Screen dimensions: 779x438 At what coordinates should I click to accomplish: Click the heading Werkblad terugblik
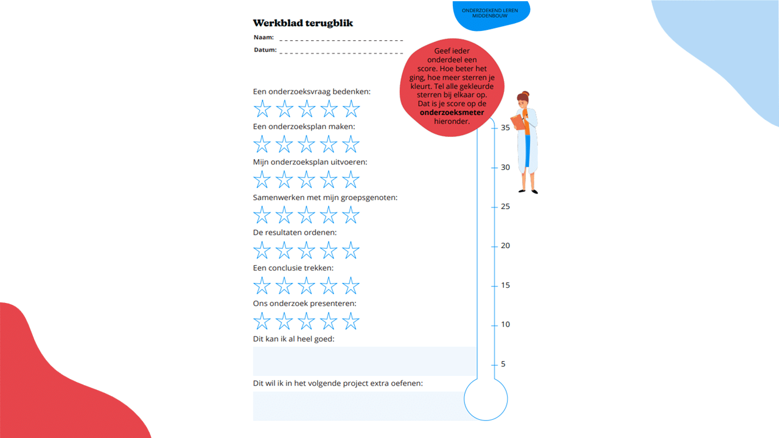pyautogui.click(x=302, y=23)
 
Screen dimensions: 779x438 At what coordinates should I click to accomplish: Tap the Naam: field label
pyautogui.click(x=264, y=37)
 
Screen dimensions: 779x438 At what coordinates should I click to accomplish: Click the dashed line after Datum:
pyautogui.click(x=341, y=53)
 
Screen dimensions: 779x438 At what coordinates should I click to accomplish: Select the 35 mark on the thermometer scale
pyautogui.click(x=505, y=128)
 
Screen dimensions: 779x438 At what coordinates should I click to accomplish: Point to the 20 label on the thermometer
pyautogui.click(x=505, y=246)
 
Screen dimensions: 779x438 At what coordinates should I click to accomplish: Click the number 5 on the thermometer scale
pyautogui.click(x=503, y=364)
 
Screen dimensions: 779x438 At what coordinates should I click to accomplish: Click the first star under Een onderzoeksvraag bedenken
pyautogui.click(x=262, y=108)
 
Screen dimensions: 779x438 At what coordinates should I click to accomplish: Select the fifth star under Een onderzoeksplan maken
pyautogui.click(x=351, y=144)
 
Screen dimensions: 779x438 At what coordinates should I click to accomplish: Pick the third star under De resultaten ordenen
pyautogui.click(x=306, y=250)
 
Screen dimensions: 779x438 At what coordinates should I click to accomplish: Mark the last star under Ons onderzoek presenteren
pyautogui.click(x=351, y=321)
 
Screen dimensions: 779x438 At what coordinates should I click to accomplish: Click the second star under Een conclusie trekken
pyautogui.click(x=284, y=285)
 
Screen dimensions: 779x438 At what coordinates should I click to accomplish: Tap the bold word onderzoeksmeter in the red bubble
pyautogui.click(x=452, y=113)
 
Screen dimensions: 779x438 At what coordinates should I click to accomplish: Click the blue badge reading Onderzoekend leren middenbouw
pyautogui.click(x=491, y=15)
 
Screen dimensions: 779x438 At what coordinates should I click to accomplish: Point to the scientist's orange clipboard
pyautogui.click(x=518, y=122)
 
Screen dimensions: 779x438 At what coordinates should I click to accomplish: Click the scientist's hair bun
pyautogui.click(x=526, y=94)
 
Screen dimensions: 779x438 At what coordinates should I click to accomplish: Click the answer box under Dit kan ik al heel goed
pyautogui.click(x=365, y=361)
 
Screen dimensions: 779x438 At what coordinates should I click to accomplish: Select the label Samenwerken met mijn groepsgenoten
pyautogui.click(x=325, y=198)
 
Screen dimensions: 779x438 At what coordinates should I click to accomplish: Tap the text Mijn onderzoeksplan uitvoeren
pyautogui.click(x=310, y=162)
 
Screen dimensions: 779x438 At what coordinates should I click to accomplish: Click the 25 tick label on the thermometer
pyautogui.click(x=505, y=206)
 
